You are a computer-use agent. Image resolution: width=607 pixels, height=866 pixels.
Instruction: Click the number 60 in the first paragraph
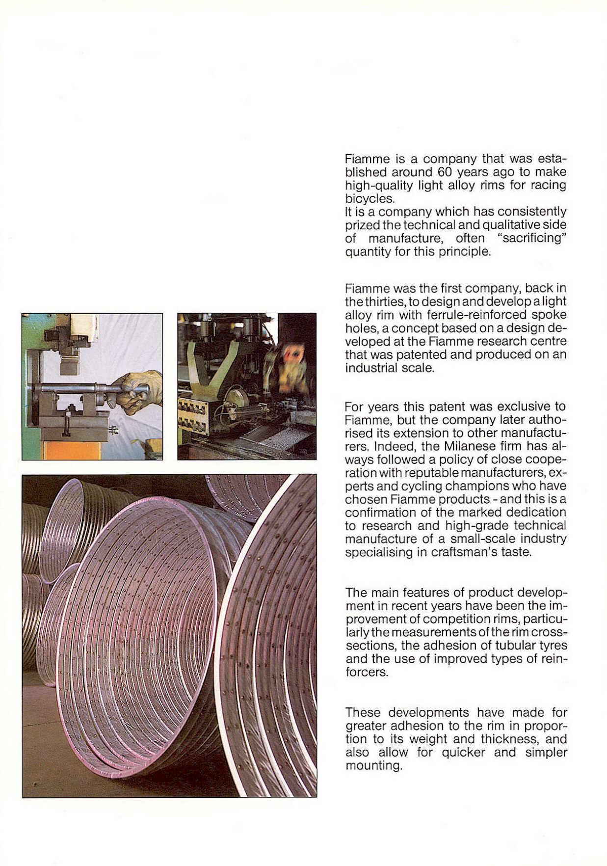click(444, 172)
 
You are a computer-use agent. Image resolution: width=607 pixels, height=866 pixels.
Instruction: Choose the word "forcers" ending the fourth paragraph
click(367, 672)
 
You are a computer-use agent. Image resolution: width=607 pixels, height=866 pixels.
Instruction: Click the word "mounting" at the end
click(373, 766)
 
